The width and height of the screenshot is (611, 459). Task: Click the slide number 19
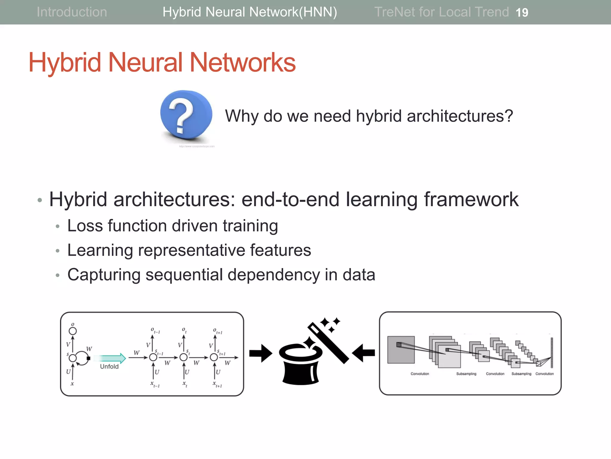[522, 13]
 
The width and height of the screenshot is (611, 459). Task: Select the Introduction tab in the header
[72, 12]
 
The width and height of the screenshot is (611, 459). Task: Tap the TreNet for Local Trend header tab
[441, 12]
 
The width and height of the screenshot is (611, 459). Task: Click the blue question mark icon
[186, 115]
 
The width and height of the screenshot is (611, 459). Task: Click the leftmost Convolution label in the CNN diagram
[419, 374]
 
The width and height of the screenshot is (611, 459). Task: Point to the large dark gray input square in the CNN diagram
[401, 350]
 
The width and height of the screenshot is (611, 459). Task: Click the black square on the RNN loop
[88, 358]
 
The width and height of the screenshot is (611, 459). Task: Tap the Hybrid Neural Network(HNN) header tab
[250, 12]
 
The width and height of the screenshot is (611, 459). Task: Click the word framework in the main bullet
[471, 199]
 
